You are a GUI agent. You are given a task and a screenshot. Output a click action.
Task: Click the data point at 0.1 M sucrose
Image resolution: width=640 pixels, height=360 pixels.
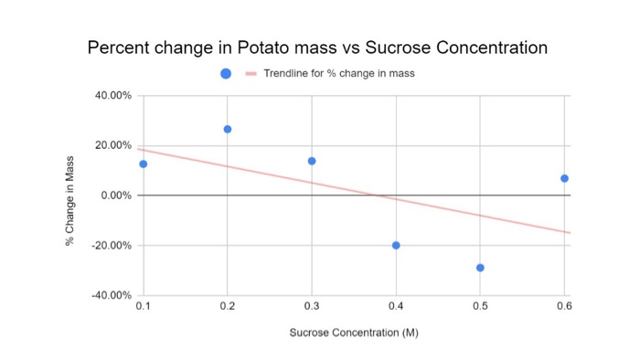(143, 164)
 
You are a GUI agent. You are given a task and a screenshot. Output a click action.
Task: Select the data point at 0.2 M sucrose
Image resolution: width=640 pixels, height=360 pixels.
(227, 129)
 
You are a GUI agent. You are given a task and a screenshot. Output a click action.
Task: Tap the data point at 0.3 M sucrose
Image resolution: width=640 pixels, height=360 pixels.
(312, 161)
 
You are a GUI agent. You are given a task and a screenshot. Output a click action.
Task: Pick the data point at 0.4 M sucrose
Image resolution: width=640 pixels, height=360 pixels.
(396, 245)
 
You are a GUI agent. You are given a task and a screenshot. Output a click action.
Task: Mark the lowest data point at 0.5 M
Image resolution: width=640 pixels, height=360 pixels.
(480, 268)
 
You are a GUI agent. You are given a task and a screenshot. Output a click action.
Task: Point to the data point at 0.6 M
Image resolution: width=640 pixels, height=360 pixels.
(564, 178)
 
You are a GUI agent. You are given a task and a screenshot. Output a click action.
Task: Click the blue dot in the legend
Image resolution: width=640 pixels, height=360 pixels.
(225, 73)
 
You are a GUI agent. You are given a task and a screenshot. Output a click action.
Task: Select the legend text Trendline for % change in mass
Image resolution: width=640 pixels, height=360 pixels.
(338, 73)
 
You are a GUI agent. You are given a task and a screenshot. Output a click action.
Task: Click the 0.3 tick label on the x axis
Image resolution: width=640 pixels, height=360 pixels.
(312, 307)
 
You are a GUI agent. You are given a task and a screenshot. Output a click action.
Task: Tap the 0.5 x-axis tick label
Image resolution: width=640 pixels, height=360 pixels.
(480, 307)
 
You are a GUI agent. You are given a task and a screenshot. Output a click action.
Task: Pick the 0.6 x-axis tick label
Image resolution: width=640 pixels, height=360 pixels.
(563, 307)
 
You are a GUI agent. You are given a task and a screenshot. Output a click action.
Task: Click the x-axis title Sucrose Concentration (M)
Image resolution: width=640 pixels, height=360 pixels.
(353, 333)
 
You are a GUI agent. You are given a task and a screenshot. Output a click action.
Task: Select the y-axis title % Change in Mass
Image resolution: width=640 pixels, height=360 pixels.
(69, 196)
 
